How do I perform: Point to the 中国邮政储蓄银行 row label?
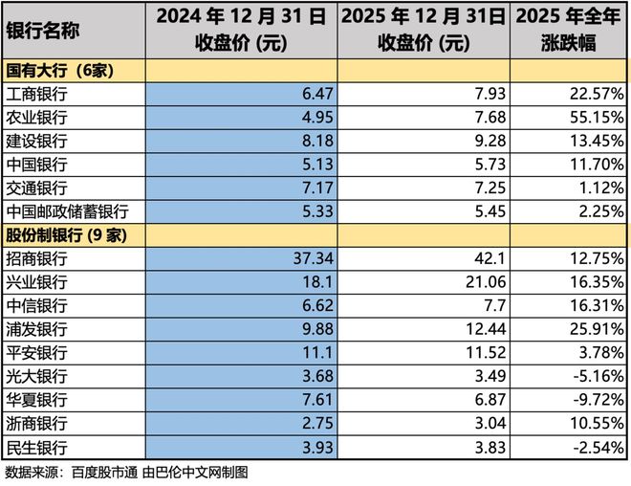pyautogui.click(x=68, y=210)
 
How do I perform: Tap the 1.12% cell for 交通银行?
pyautogui.click(x=603, y=188)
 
